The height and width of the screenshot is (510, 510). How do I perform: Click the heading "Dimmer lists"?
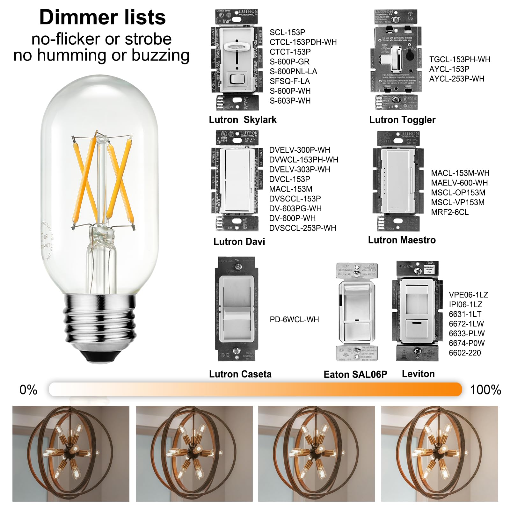102,17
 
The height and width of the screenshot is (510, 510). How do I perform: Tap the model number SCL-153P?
287,33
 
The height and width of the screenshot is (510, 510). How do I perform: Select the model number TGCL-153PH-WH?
460,60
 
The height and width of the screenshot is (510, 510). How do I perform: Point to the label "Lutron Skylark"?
243,120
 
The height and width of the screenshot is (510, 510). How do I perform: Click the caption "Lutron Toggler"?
402,120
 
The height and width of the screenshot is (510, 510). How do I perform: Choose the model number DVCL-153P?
289,179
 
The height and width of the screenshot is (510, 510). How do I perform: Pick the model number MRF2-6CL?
450,212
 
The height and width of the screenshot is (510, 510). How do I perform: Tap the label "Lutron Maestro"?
402,240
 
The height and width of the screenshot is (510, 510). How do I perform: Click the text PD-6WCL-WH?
294,319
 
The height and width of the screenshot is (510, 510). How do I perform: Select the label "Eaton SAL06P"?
355,374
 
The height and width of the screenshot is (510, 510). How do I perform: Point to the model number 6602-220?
465,353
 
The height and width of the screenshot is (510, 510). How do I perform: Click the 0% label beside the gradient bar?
28,390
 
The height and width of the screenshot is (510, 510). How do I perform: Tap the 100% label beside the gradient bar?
485,390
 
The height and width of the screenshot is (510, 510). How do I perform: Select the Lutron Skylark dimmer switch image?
237,60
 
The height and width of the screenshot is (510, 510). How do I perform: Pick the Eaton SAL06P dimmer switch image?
357,312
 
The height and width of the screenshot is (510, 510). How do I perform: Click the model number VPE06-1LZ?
468,295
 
